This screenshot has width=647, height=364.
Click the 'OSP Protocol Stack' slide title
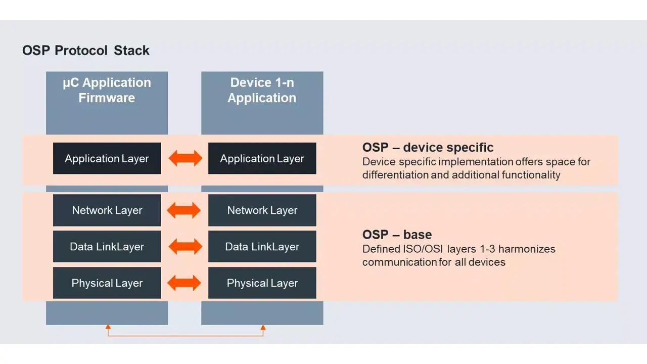(86, 51)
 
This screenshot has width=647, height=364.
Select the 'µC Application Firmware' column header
(107, 90)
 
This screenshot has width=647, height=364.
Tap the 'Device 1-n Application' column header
(262, 90)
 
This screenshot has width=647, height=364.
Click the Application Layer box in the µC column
(107, 158)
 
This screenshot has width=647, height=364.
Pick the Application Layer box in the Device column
(262, 158)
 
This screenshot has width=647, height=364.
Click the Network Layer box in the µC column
(107, 210)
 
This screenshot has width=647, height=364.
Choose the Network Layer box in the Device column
(262, 210)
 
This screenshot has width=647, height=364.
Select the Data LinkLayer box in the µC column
(107, 247)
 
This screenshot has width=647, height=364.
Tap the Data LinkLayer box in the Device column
(262, 247)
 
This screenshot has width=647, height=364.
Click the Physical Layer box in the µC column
(107, 283)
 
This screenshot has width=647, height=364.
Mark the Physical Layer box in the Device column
(262, 283)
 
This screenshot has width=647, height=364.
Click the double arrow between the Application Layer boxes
(185, 158)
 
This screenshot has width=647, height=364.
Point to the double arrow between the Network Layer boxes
(184, 210)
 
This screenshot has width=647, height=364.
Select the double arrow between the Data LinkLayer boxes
(185, 247)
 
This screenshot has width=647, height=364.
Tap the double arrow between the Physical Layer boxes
(184, 283)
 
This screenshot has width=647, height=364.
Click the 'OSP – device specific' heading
(428, 148)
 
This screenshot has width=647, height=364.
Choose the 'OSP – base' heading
(397, 235)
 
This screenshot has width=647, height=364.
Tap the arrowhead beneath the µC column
(108, 328)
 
